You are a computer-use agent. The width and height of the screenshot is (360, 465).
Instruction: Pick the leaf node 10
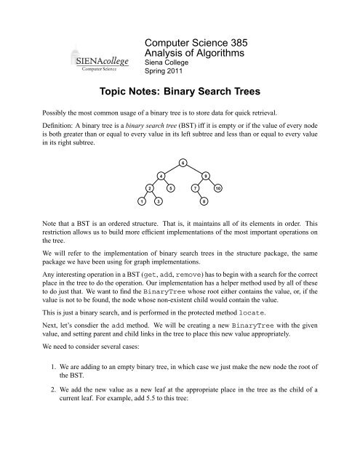pos(217,188)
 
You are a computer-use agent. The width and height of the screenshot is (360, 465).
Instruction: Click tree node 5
pos(171,188)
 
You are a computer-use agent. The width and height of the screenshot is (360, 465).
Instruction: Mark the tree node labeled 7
pos(194,188)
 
